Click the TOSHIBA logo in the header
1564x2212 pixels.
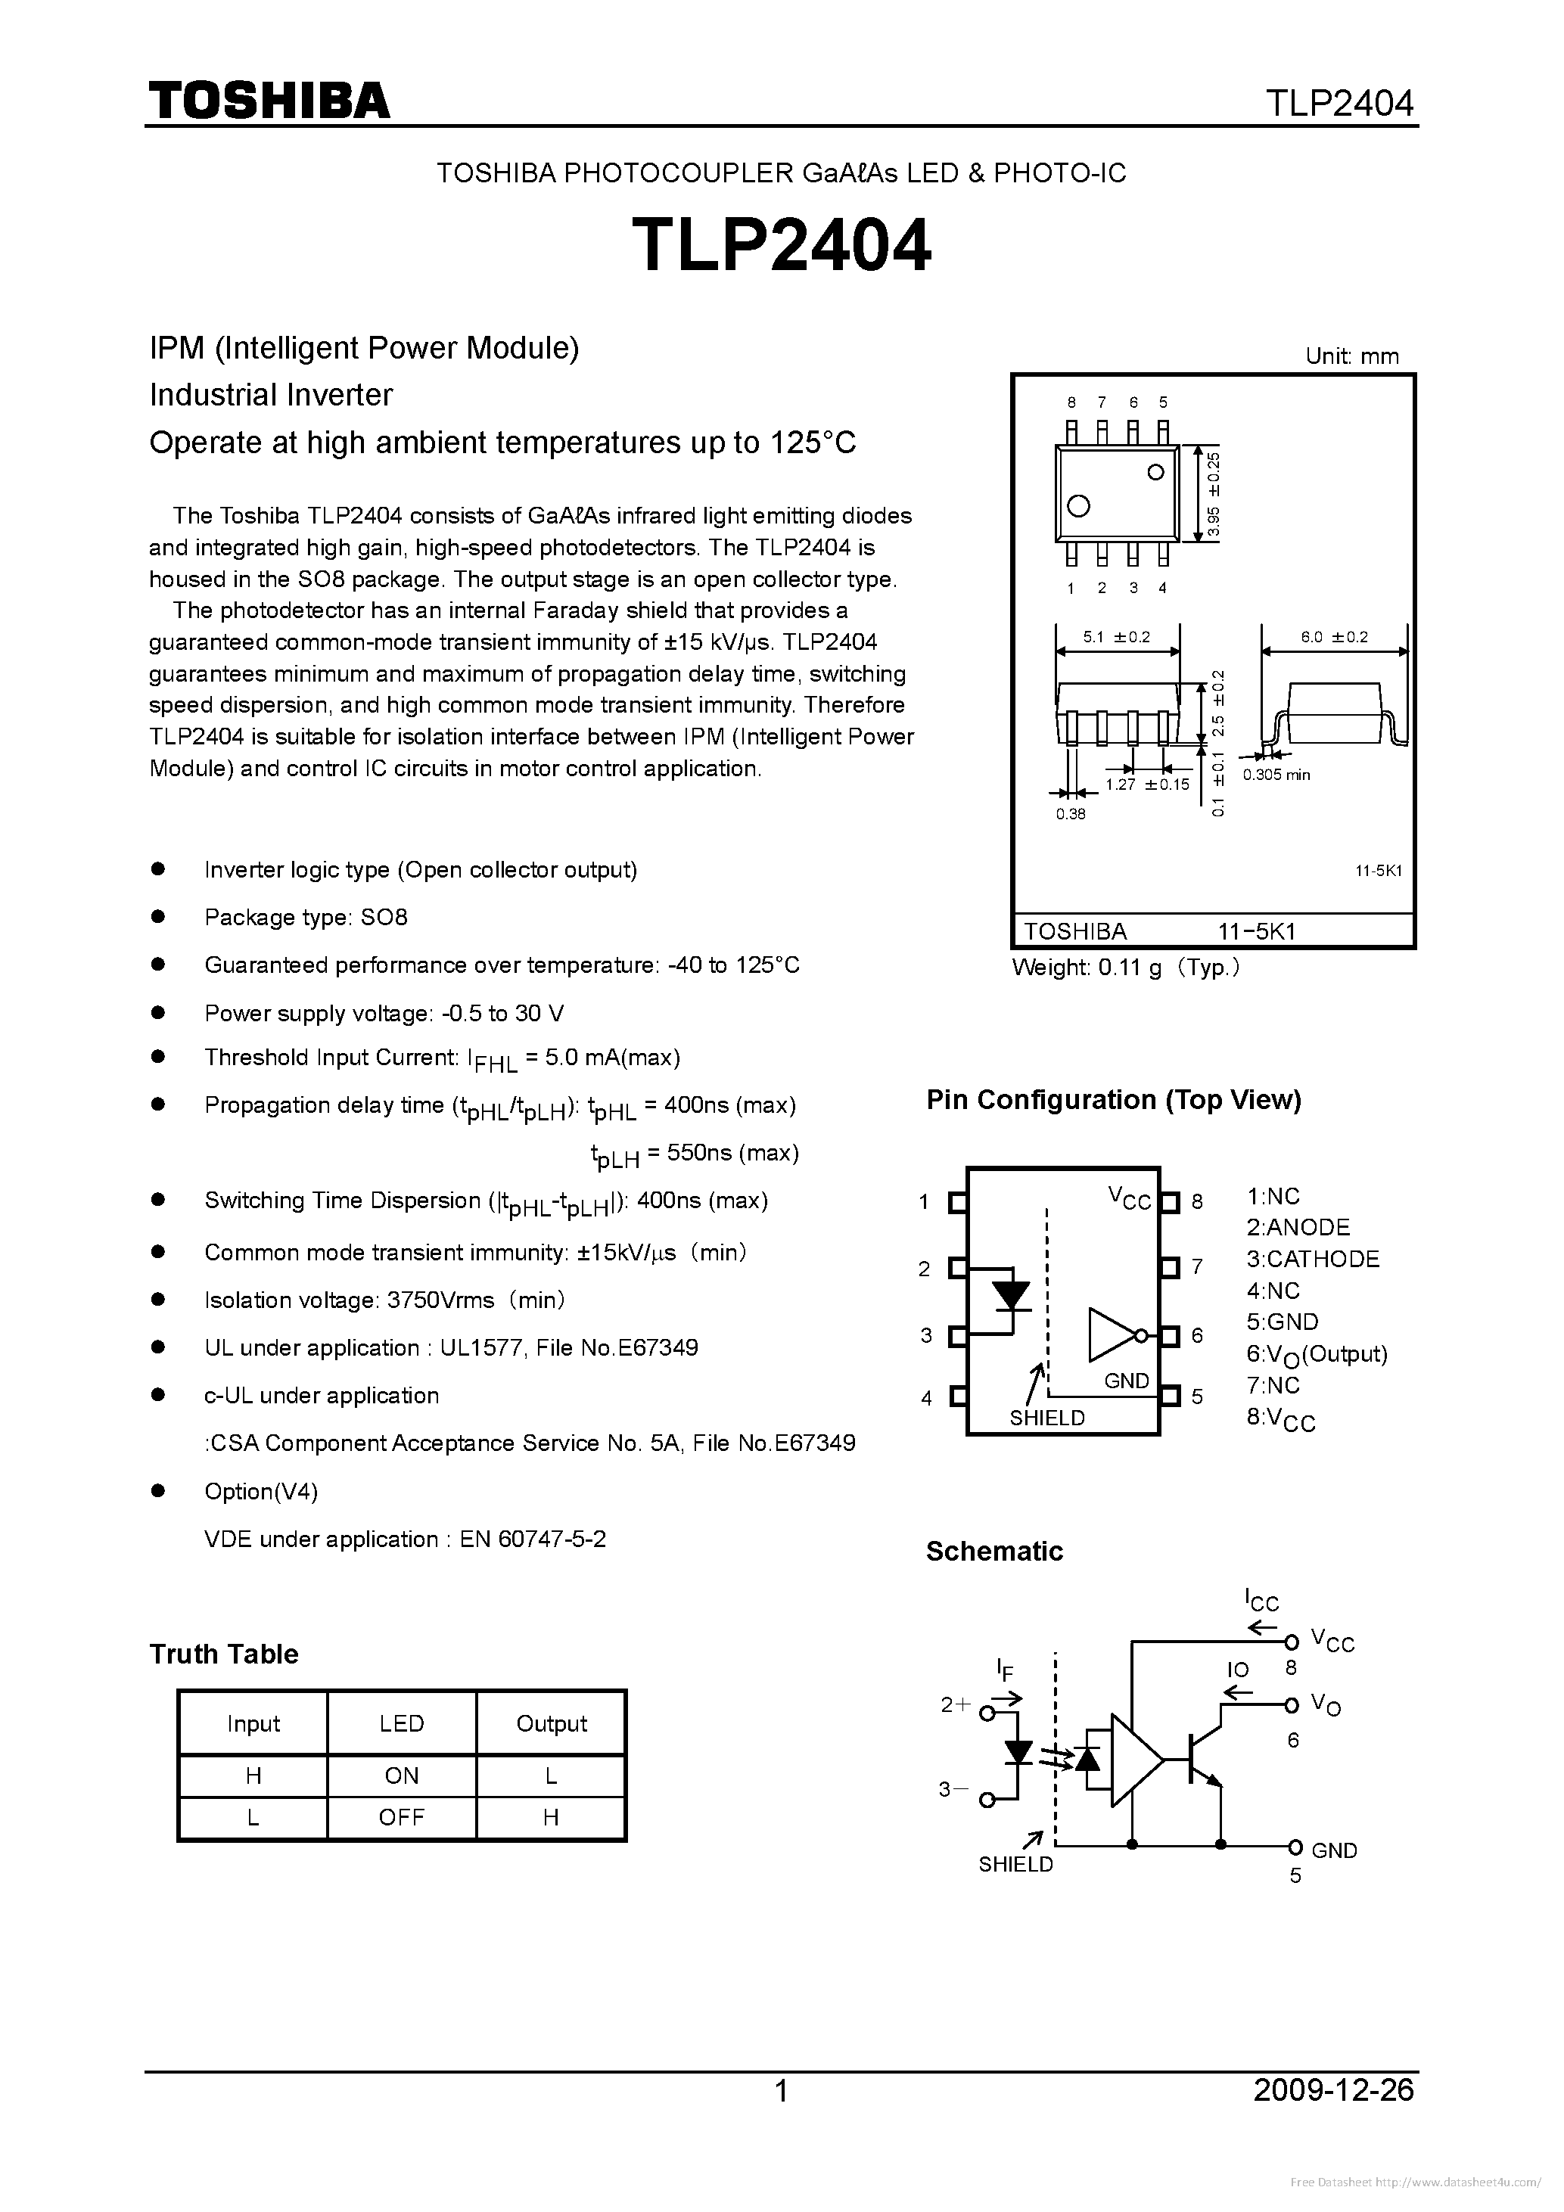269,100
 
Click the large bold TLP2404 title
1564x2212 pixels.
782,246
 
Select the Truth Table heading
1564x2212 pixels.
223,1654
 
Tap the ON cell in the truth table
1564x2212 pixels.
401,1776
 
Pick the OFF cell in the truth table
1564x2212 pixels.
401,1817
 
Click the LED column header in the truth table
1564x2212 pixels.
401,1723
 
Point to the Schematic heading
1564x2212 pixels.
994,1551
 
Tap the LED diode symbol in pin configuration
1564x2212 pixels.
1011,1296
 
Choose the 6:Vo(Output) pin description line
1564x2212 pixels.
1317,1355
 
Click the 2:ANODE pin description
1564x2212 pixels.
1298,1227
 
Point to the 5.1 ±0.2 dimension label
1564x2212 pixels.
1117,637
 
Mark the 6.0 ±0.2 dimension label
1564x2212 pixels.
1334,637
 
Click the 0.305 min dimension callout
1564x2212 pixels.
1276,775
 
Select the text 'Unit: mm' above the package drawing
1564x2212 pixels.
1351,356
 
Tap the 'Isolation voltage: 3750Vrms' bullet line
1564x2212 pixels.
384,1300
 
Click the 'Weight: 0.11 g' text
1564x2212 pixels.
1124,968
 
